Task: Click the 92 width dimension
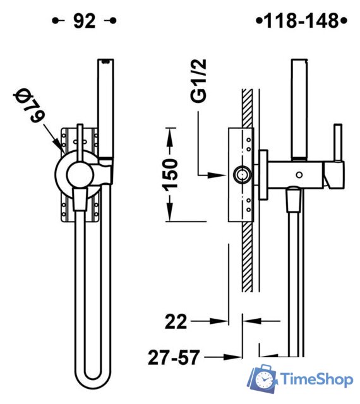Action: click(x=85, y=21)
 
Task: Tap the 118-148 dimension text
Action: click(x=301, y=21)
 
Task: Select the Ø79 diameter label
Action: click(x=29, y=105)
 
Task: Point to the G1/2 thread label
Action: click(x=198, y=81)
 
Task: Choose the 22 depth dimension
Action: click(x=176, y=321)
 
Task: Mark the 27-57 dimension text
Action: click(x=174, y=357)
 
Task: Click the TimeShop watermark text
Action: click(x=316, y=379)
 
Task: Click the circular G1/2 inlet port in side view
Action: click(x=242, y=175)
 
